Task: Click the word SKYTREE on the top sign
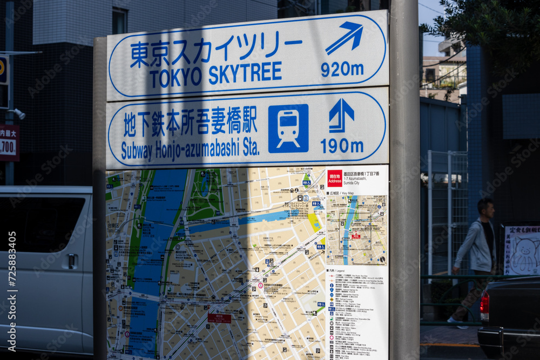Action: [x=245, y=74]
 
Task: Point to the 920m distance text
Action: [x=342, y=69]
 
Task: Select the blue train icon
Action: [x=288, y=128]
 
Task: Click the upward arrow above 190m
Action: [x=341, y=114]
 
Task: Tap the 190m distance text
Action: [x=342, y=146]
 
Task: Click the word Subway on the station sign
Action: [x=137, y=151]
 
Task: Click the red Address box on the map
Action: [x=334, y=178]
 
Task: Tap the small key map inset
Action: [x=356, y=229]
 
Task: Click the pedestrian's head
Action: [x=486, y=207]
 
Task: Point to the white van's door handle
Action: [x=71, y=261]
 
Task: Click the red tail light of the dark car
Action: [x=484, y=306]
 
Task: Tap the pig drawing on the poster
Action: [x=523, y=253]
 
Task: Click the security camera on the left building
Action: [x=18, y=113]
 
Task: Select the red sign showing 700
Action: [x=8, y=143]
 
